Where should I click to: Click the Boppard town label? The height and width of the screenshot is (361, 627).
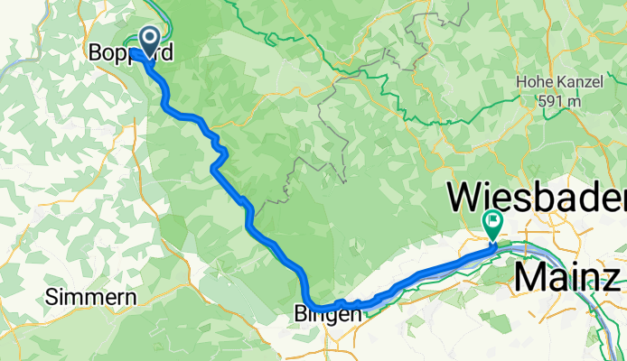pos(130,53)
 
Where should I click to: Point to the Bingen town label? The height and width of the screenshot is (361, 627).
pos(329,314)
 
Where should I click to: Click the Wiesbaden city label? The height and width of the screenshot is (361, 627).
pos(538,197)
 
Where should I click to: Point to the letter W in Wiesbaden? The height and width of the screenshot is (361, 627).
pos(467,197)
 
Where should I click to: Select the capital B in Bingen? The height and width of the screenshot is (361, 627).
pos(301,314)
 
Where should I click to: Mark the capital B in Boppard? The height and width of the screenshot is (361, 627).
pos(95,53)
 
